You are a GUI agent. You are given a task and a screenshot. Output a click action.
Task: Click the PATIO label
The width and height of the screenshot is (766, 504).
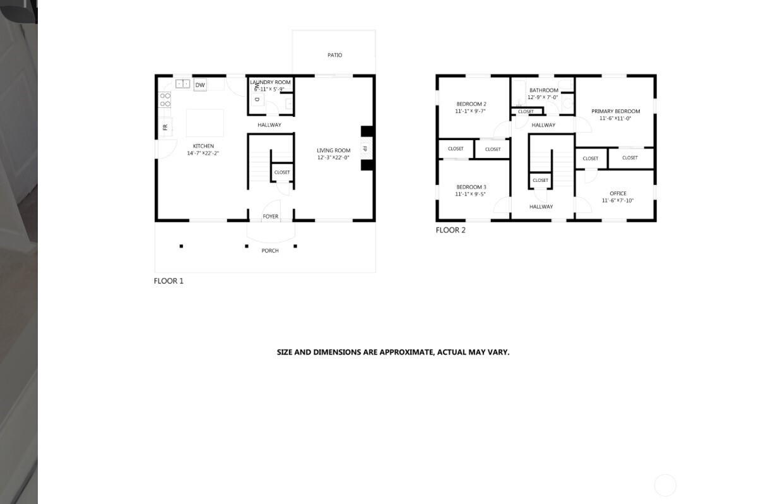334,55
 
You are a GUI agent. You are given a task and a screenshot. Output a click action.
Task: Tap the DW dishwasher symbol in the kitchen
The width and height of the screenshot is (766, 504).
200,85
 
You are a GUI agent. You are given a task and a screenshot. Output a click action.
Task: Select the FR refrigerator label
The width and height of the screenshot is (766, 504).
165,128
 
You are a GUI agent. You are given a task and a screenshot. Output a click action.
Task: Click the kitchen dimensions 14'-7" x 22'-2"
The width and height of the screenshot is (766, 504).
203,153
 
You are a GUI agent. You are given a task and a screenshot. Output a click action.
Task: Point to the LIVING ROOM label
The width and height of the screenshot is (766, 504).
333,150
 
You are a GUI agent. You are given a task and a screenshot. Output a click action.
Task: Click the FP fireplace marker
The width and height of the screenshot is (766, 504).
365,148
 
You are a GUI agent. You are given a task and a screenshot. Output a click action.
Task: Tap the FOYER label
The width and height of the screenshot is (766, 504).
271,217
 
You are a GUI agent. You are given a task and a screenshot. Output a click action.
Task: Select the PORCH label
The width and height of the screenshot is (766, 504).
270,251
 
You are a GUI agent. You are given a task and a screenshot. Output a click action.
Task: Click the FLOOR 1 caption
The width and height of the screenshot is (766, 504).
168,281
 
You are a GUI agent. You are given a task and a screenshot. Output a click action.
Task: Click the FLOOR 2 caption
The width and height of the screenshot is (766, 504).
451,230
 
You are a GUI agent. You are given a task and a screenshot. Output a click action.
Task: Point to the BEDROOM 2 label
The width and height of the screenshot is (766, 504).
471,104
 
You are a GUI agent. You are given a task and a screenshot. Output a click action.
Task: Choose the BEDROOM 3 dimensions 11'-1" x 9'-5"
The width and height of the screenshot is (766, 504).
470,194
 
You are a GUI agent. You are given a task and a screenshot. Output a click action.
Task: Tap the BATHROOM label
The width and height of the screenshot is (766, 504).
544,90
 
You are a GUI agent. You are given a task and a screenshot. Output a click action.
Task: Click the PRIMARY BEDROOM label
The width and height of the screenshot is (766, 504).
616,111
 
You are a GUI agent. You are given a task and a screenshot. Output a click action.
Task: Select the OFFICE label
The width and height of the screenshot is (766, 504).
618,193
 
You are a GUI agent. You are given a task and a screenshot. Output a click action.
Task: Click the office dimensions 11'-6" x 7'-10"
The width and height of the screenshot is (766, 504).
618,201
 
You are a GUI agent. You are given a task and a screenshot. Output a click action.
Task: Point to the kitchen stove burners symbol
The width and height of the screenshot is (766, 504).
165,100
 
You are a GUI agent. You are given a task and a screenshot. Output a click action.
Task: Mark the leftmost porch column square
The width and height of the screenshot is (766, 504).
181,246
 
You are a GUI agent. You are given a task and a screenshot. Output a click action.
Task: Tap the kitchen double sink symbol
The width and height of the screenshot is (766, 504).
182,84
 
